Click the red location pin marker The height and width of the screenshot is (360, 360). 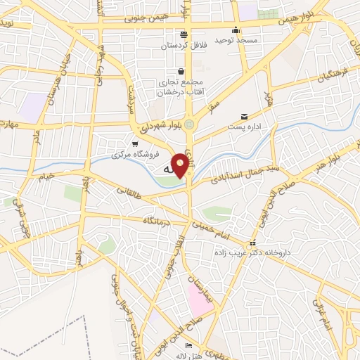(181, 165)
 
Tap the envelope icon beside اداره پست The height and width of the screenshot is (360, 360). (244, 116)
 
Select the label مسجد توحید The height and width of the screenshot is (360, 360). (236, 40)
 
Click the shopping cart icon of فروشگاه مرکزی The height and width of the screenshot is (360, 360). (134, 144)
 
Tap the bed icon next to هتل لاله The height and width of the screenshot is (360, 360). (188, 346)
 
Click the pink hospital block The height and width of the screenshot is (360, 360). (199, 298)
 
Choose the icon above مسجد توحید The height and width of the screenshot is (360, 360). (236, 30)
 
